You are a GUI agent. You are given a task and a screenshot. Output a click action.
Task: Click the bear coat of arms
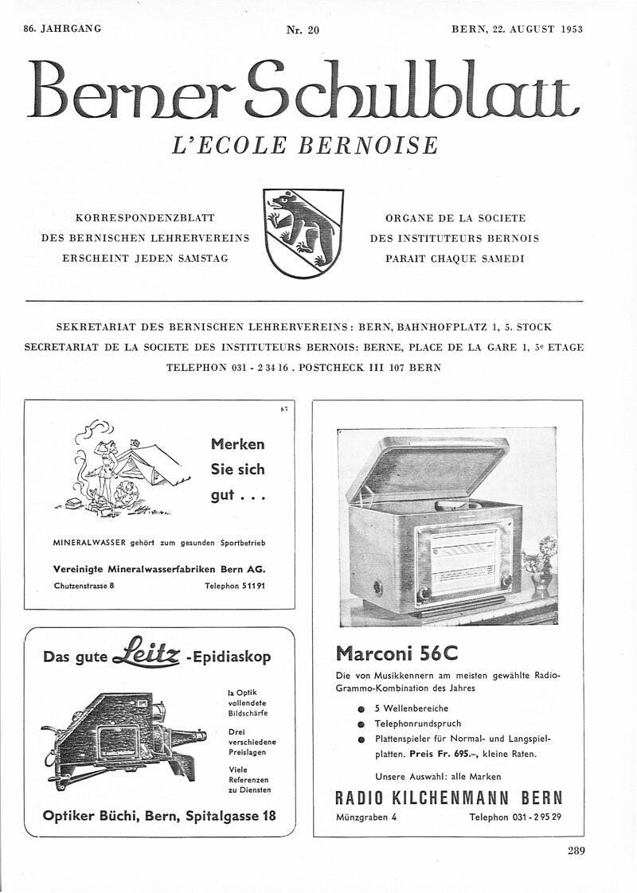click(x=303, y=232)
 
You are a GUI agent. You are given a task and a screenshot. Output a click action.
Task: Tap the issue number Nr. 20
click(x=303, y=30)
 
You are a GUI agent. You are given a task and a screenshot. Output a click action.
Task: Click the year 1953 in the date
click(x=572, y=29)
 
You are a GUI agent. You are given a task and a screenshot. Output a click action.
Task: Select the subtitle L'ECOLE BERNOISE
click(x=305, y=146)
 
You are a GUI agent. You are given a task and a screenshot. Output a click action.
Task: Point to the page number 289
click(x=576, y=851)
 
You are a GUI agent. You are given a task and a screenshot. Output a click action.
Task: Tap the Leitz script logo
click(x=147, y=653)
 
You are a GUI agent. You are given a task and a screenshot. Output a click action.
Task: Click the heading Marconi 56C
click(x=397, y=653)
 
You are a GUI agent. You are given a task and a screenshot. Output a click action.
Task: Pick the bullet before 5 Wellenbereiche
click(x=361, y=708)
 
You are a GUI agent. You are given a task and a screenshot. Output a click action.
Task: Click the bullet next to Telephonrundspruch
click(x=361, y=724)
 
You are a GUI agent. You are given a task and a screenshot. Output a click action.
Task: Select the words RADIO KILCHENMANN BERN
click(x=448, y=797)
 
